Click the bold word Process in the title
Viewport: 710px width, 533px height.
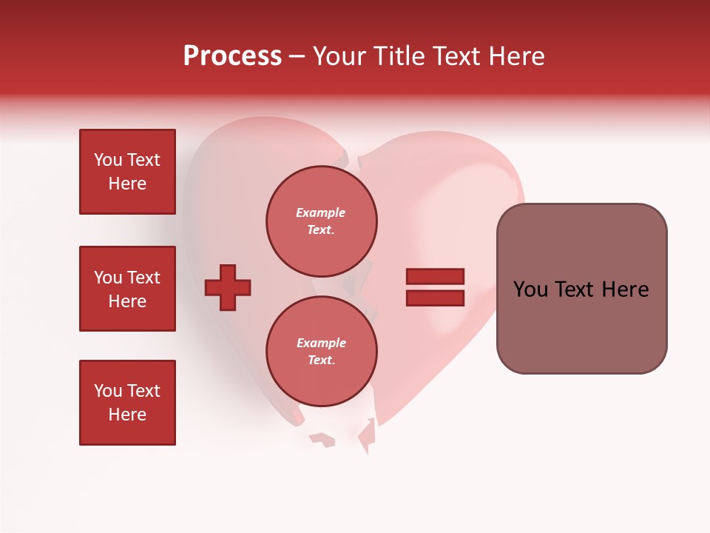pos(232,56)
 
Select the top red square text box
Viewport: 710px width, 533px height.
pos(127,172)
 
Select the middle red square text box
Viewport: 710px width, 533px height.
pos(127,289)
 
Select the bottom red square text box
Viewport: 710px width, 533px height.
pos(127,403)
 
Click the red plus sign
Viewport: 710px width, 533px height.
pos(228,287)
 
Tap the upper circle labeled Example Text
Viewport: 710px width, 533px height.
pos(321,221)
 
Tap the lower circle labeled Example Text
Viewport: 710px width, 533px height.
pos(321,352)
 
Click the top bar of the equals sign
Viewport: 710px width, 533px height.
pos(435,277)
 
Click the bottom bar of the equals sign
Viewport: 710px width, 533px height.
pos(435,298)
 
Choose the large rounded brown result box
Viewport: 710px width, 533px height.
pos(581,326)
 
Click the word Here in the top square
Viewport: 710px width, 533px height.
pos(127,184)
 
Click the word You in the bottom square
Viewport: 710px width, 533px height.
pos(108,391)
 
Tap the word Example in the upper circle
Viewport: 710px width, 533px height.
pos(321,212)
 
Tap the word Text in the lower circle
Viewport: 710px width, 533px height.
pos(321,361)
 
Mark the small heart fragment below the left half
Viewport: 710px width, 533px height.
pos(322,440)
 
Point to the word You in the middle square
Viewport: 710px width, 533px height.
pos(108,278)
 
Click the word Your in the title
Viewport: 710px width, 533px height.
pos(339,56)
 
